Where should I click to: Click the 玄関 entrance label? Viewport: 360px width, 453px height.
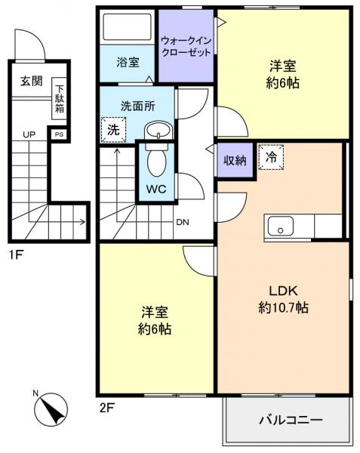point(31,82)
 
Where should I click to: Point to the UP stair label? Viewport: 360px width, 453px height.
point(29,134)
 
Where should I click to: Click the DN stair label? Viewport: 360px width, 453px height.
point(183,222)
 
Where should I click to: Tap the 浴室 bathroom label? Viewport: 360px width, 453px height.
point(128,63)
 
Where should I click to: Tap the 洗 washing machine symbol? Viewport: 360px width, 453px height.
point(112,129)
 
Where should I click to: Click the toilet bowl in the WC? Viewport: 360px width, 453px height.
point(157,159)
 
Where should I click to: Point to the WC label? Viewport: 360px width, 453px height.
point(155,187)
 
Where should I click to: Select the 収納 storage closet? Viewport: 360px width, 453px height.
point(235,159)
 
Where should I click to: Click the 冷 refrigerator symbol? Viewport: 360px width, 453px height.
point(269,157)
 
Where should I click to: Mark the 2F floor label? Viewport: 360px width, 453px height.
point(106,408)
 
